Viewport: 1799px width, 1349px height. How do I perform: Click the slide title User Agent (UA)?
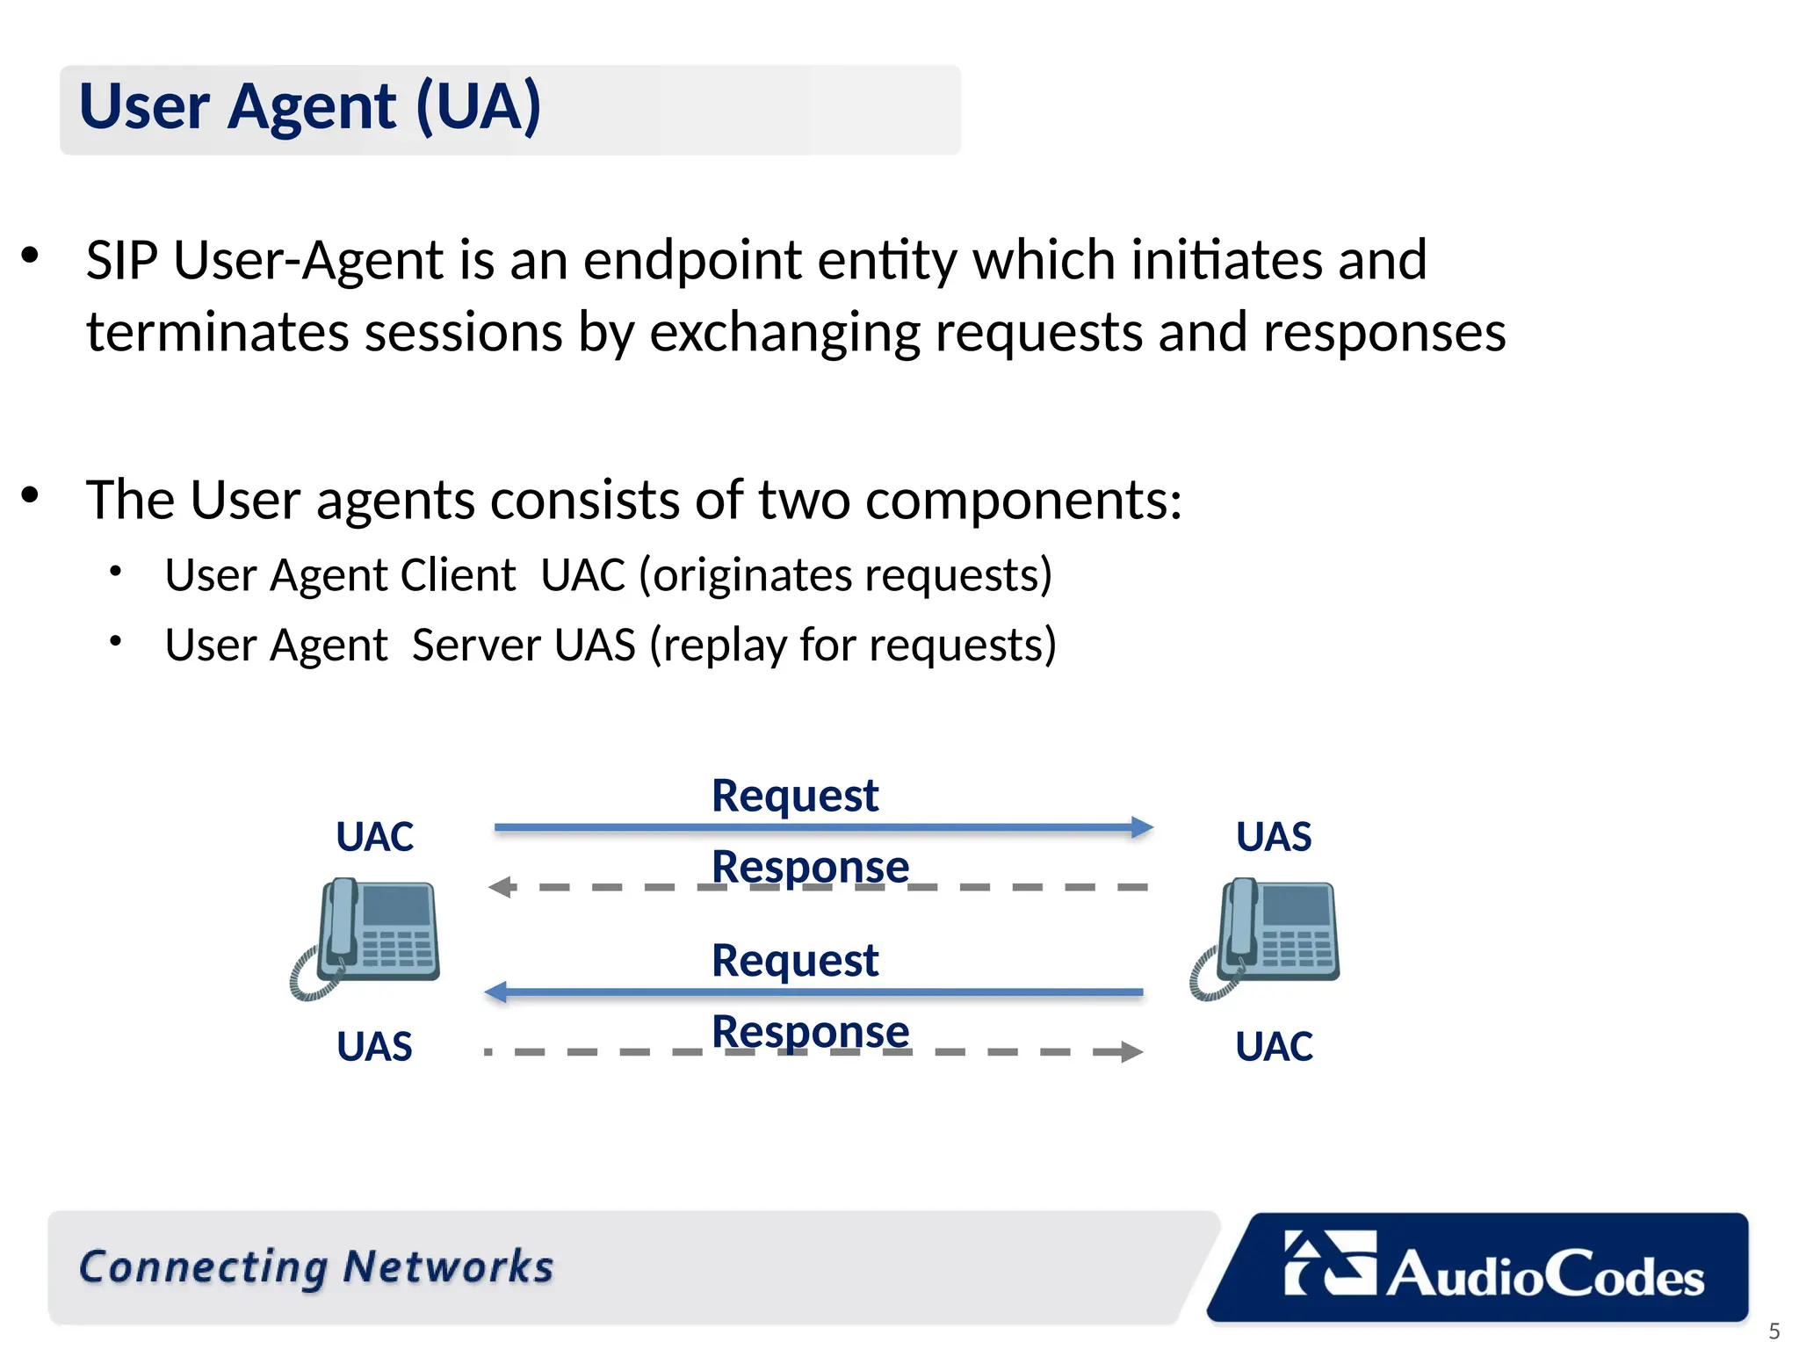coord(309,107)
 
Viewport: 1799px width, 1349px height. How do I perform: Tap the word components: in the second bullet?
coord(1023,501)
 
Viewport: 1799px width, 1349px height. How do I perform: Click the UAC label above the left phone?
coord(374,836)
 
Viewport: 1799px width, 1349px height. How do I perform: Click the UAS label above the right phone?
coord(1273,836)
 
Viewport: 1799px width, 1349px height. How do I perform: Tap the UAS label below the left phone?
coord(374,1047)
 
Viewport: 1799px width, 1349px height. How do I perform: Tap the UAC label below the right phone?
coord(1273,1047)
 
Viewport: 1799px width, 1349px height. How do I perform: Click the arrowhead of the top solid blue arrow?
coord(1142,827)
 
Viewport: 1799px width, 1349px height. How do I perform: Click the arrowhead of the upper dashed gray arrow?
coord(500,887)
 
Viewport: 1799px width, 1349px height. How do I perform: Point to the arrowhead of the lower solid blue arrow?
coord(496,992)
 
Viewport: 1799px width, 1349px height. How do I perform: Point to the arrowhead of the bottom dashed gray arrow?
coord(1131,1051)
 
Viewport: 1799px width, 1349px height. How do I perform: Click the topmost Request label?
coord(794,796)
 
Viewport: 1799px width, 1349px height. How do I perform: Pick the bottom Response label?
coord(810,1031)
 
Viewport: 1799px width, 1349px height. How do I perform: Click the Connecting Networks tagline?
coord(316,1267)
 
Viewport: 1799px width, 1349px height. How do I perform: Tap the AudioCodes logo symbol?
coord(1329,1263)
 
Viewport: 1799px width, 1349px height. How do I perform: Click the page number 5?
coord(1774,1331)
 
